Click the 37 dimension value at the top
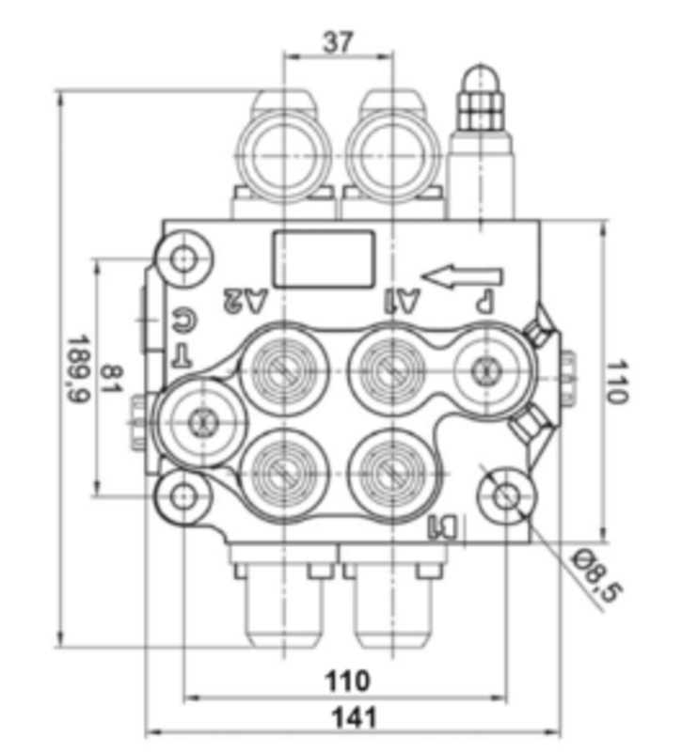tap(338, 41)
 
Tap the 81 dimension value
tap(112, 379)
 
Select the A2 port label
tap(246, 302)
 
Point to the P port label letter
tap(484, 302)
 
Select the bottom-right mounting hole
tap(507, 495)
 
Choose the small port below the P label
tap(485, 368)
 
